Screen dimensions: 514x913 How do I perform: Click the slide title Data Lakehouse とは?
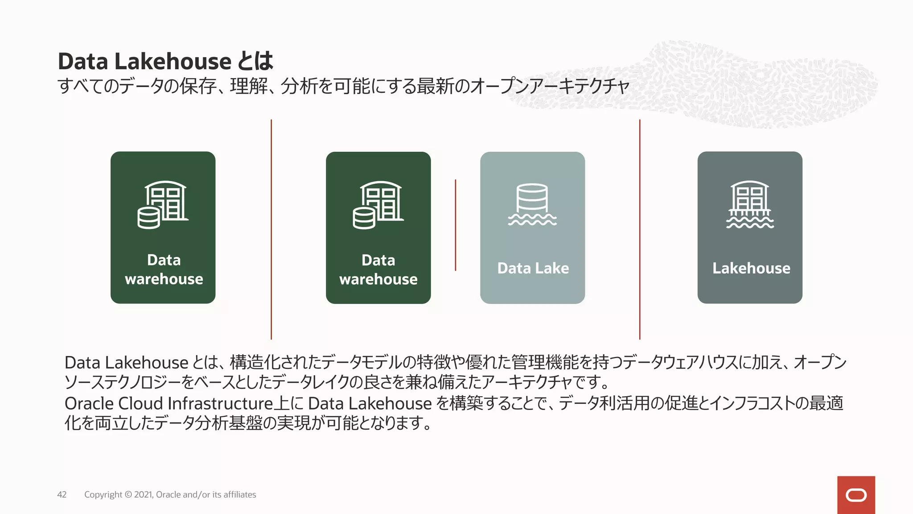pos(165,61)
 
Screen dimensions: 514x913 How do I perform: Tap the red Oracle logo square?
pos(856,495)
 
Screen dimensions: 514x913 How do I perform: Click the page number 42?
pos(62,494)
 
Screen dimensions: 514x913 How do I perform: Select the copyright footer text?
pos(170,494)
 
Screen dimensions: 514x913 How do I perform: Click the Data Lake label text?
pos(533,268)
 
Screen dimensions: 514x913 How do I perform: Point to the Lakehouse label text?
pos(751,268)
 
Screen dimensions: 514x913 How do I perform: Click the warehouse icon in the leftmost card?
pos(163,205)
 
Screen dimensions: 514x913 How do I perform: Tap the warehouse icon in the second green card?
pos(378,205)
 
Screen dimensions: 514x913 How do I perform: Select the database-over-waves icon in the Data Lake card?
pos(532,204)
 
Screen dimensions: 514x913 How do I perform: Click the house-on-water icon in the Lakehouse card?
pos(750,204)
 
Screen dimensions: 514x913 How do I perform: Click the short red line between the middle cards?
pos(455,225)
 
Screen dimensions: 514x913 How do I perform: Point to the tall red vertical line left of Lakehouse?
pos(640,229)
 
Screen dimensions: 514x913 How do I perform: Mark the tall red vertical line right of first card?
pos(271,229)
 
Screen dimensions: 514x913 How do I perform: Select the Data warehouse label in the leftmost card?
pos(164,269)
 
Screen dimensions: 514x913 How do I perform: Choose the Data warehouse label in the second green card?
pos(378,269)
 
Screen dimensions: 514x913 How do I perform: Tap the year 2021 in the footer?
pos(143,494)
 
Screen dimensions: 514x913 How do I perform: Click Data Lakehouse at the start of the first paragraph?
pos(126,363)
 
